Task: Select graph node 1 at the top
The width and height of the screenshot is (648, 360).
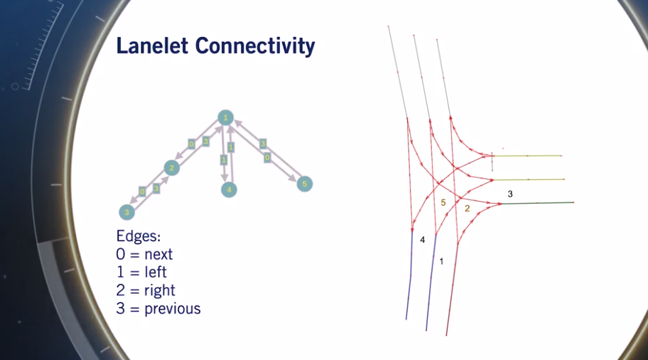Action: [225, 118]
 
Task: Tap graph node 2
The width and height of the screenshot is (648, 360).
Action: [171, 168]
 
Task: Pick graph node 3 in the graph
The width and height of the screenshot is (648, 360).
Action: [126, 212]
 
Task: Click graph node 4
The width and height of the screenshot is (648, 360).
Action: [228, 190]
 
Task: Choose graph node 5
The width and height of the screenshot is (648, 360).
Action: [305, 184]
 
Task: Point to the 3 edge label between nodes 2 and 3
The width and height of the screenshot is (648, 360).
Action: [156, 188]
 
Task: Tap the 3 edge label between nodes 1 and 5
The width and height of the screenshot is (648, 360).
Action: [262, 143]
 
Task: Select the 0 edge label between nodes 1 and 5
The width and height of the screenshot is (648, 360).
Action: [267, 158]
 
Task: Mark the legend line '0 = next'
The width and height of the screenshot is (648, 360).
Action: [144, 254]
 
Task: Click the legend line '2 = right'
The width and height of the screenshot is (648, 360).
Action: [145, 290]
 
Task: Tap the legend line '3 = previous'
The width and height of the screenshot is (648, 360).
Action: [158, 309]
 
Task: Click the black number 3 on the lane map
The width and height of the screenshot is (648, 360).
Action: [509, 193]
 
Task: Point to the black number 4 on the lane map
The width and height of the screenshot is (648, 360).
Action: [422, 241]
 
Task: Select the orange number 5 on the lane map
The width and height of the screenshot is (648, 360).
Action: [443, 203]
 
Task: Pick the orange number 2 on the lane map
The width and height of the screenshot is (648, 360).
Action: [467, 208]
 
